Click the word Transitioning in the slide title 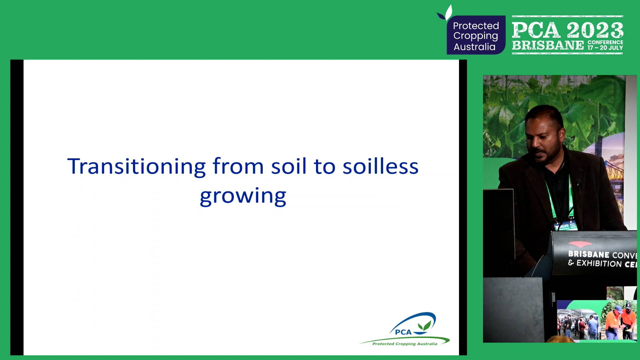(x=137, y=167)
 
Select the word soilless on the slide (x=380, y=167)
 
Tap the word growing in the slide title (x=243, y=196)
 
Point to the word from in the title (x=238, y=166)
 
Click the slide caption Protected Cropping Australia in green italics (x=405, y=344)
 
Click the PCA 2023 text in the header (x=567, y=30)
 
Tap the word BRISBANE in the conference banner (x=548, y=45)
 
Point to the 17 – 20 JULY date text (x=605, y=48)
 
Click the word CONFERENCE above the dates (x=605, y=42)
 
